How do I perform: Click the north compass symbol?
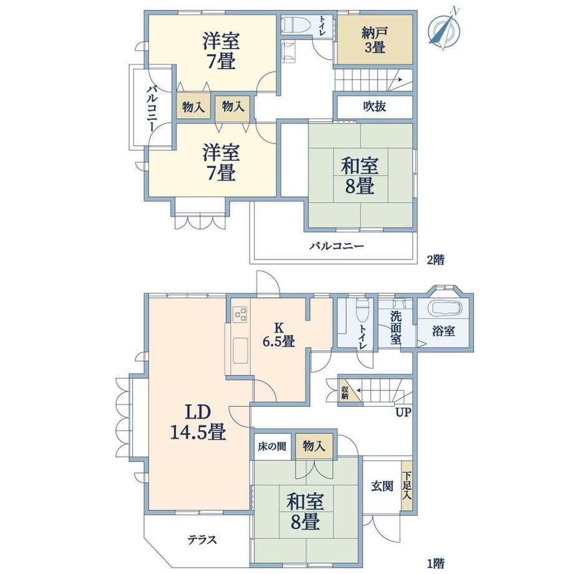[x=445, y=29]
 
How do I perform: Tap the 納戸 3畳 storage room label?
[x=374, y=41]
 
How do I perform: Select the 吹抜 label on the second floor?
[x=374, y=107]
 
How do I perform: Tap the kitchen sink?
[x=240, y=351]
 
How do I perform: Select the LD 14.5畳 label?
[x=198, y=423]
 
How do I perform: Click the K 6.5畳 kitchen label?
[x=279, y=334]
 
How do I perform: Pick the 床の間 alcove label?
[x=271, y=447]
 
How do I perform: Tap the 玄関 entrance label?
[x=382, y=486]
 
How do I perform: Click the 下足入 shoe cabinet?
[x=407, y=485]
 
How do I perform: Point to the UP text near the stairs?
[x=404, y=412]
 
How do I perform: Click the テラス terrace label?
[x=202, y=540]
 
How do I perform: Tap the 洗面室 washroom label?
[x=396, y=328]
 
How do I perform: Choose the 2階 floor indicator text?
[x=435, y=260]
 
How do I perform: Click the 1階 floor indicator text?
[x=435, y=562]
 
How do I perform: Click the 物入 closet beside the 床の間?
[x=314, y=446]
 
